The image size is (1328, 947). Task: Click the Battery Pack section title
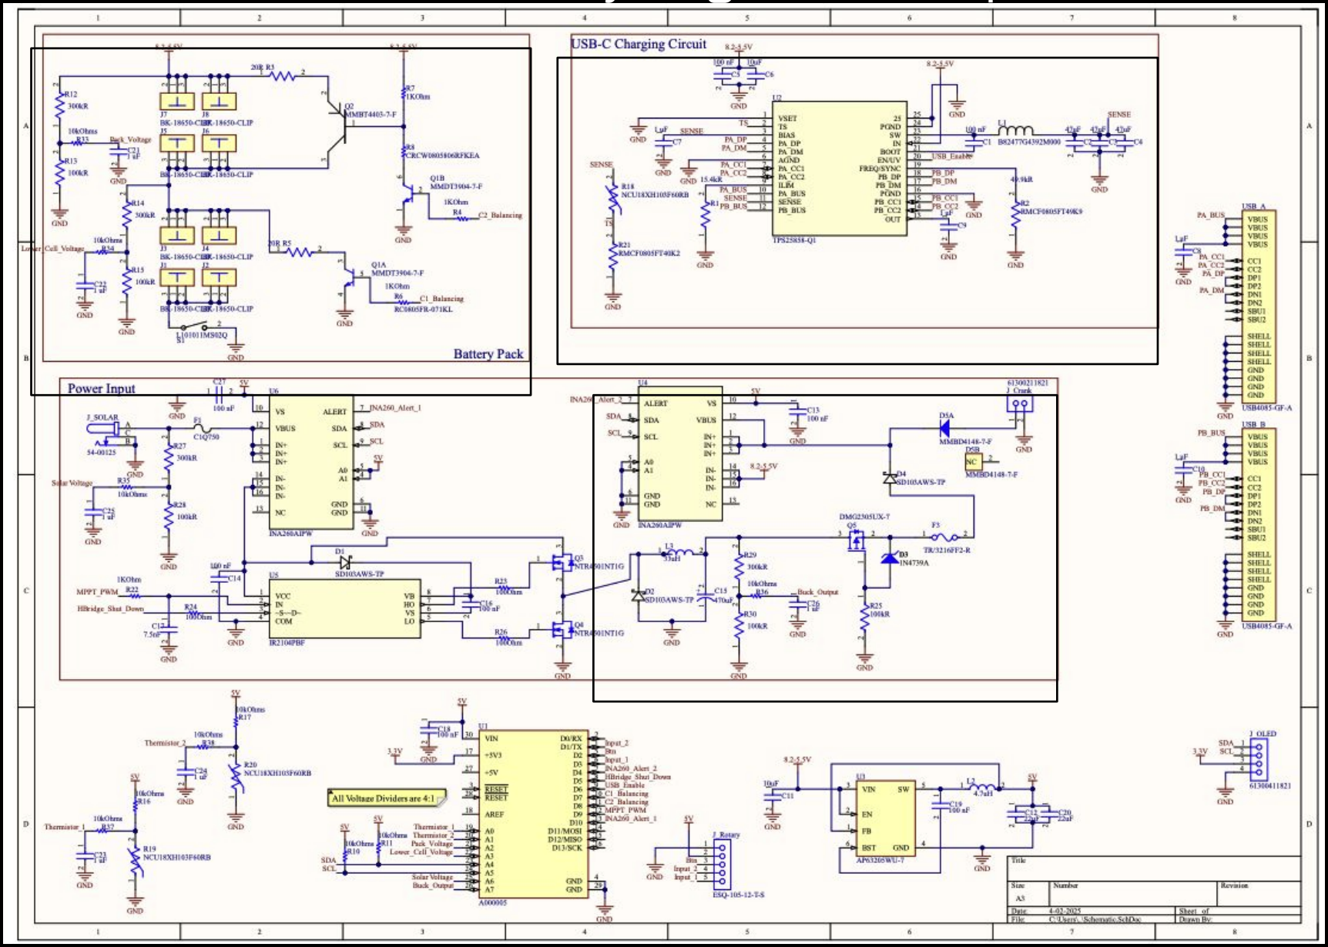click(x=488, y=354)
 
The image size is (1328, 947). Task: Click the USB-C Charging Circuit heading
click(x=638, y=45)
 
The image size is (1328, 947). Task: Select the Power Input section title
click(x=101, y=389)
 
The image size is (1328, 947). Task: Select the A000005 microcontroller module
click(x=535, y=815)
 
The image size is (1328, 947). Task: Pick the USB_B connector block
click(x=1259, y=524)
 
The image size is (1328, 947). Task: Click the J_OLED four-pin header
click(x=1259, y=759)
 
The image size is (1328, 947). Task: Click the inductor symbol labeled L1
click(x=1015, y=130)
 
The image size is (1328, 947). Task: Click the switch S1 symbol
click(x=199, y=327)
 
